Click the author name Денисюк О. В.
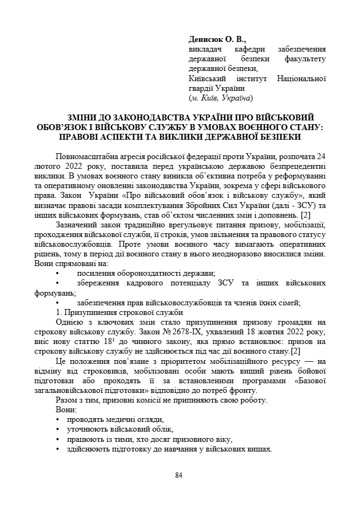tap(217, 39)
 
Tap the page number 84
tap(179, 475)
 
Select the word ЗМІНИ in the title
tap(84, 118)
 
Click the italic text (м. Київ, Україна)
tap(221, 98)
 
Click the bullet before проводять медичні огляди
tap(58, 419)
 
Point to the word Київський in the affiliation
tap(206, 79)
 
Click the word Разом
tap(68, 400)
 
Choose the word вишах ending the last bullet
tap(260, 449)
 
